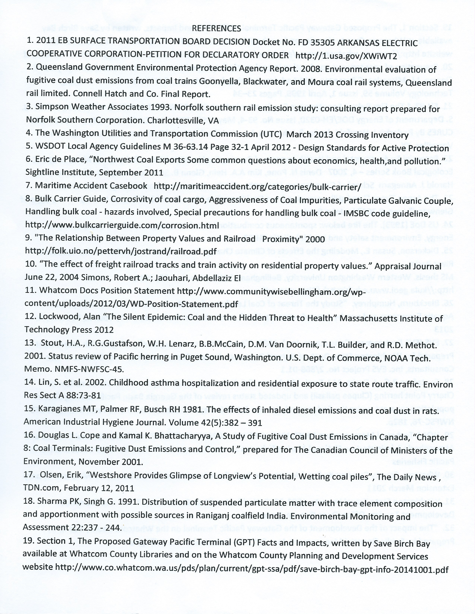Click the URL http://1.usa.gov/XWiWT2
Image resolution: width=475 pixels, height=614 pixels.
(x=346, y=56)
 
